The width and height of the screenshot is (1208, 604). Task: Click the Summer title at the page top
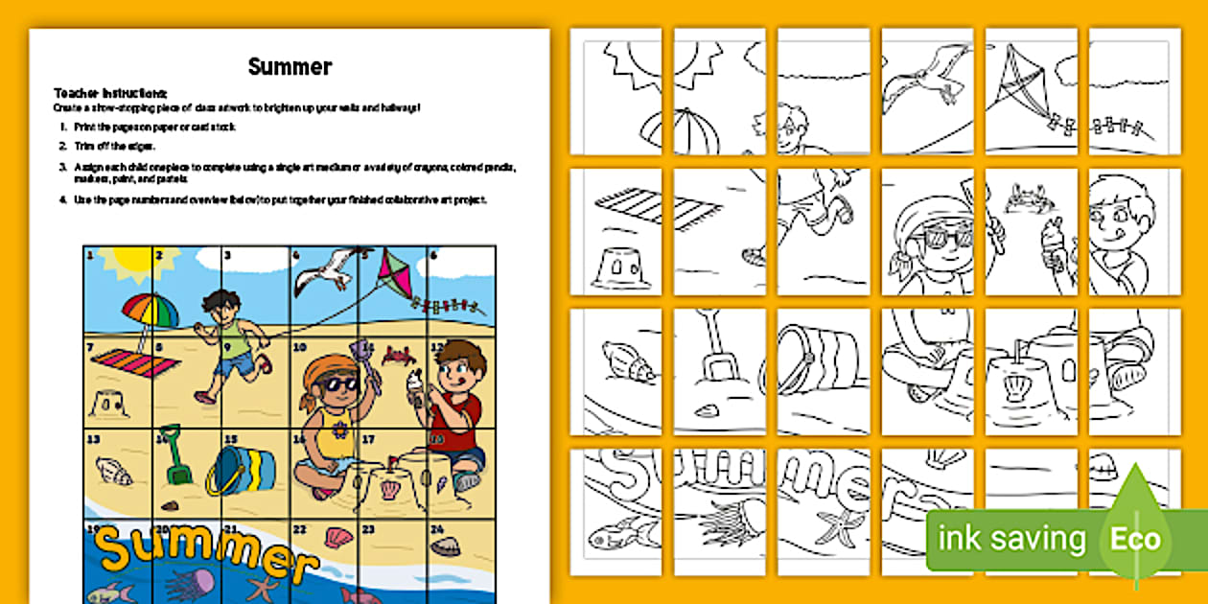pos(290,66)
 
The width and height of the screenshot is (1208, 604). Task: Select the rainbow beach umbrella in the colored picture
pos(151,311)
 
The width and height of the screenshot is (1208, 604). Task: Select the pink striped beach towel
pos(134,363)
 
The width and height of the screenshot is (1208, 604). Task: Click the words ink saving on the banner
pos(1011,539)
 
